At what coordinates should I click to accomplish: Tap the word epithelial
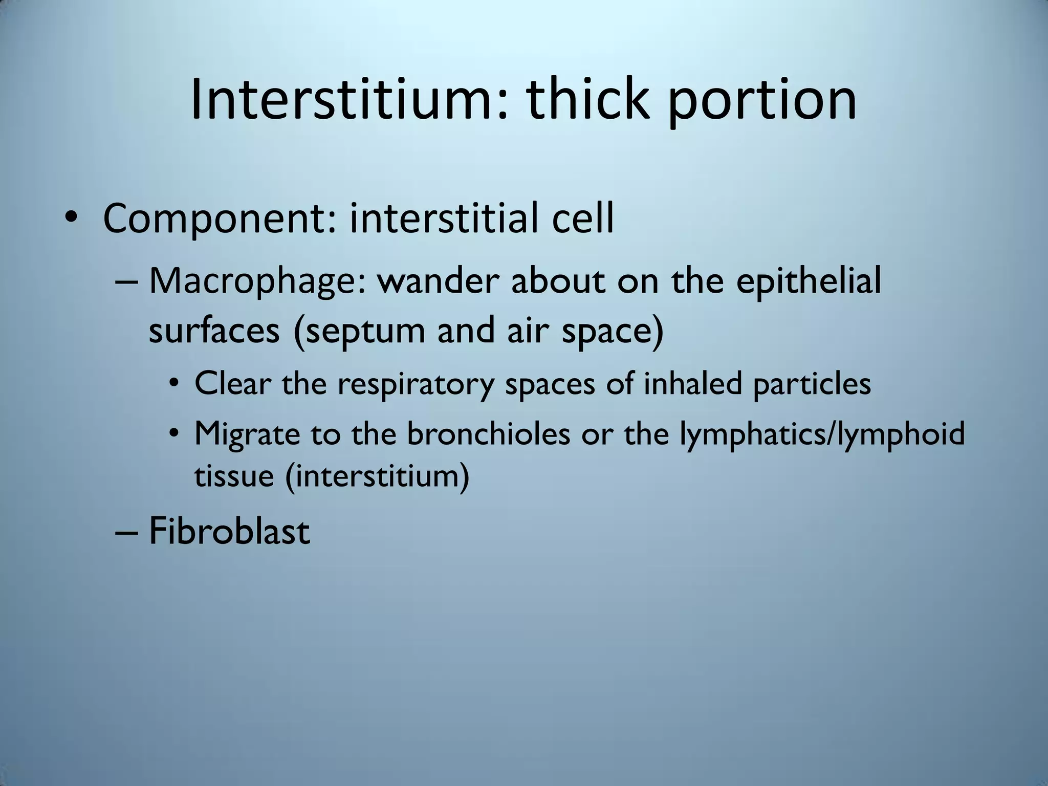tap(809, 282)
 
